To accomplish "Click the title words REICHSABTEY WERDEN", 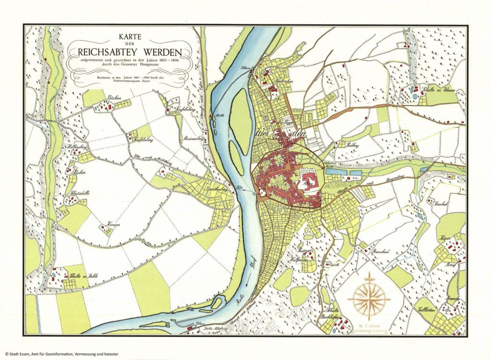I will [x=130, y=50].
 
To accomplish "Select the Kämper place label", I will [x=106, y=225].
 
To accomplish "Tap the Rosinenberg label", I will [x=190, y=139].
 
